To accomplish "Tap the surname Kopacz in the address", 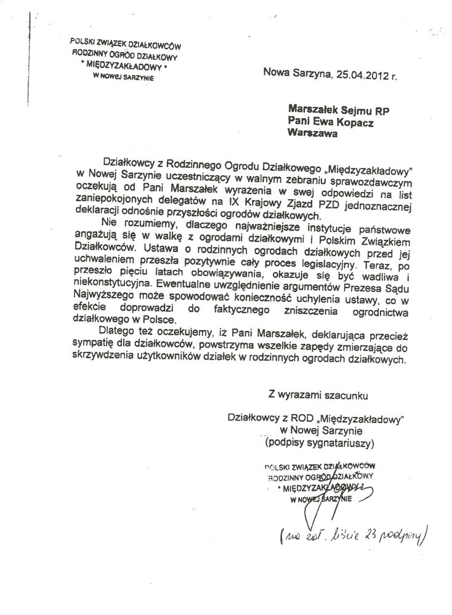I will coord(355,123).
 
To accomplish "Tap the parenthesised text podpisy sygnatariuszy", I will coord(318,443).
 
